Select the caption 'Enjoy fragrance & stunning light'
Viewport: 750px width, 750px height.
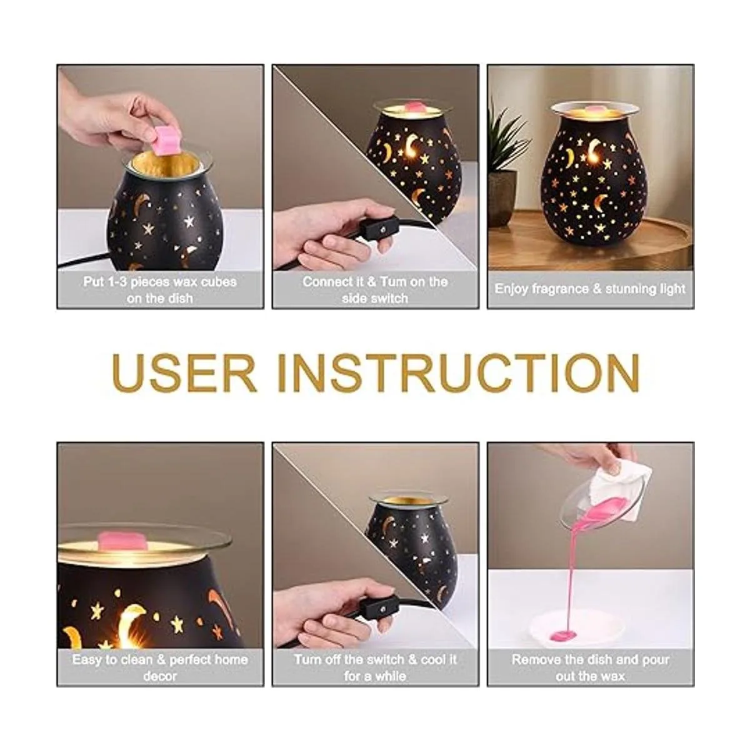(589, 289)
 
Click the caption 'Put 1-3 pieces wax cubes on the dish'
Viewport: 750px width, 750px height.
(160, 290)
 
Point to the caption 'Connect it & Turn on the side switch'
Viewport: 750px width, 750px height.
(375, 290)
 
